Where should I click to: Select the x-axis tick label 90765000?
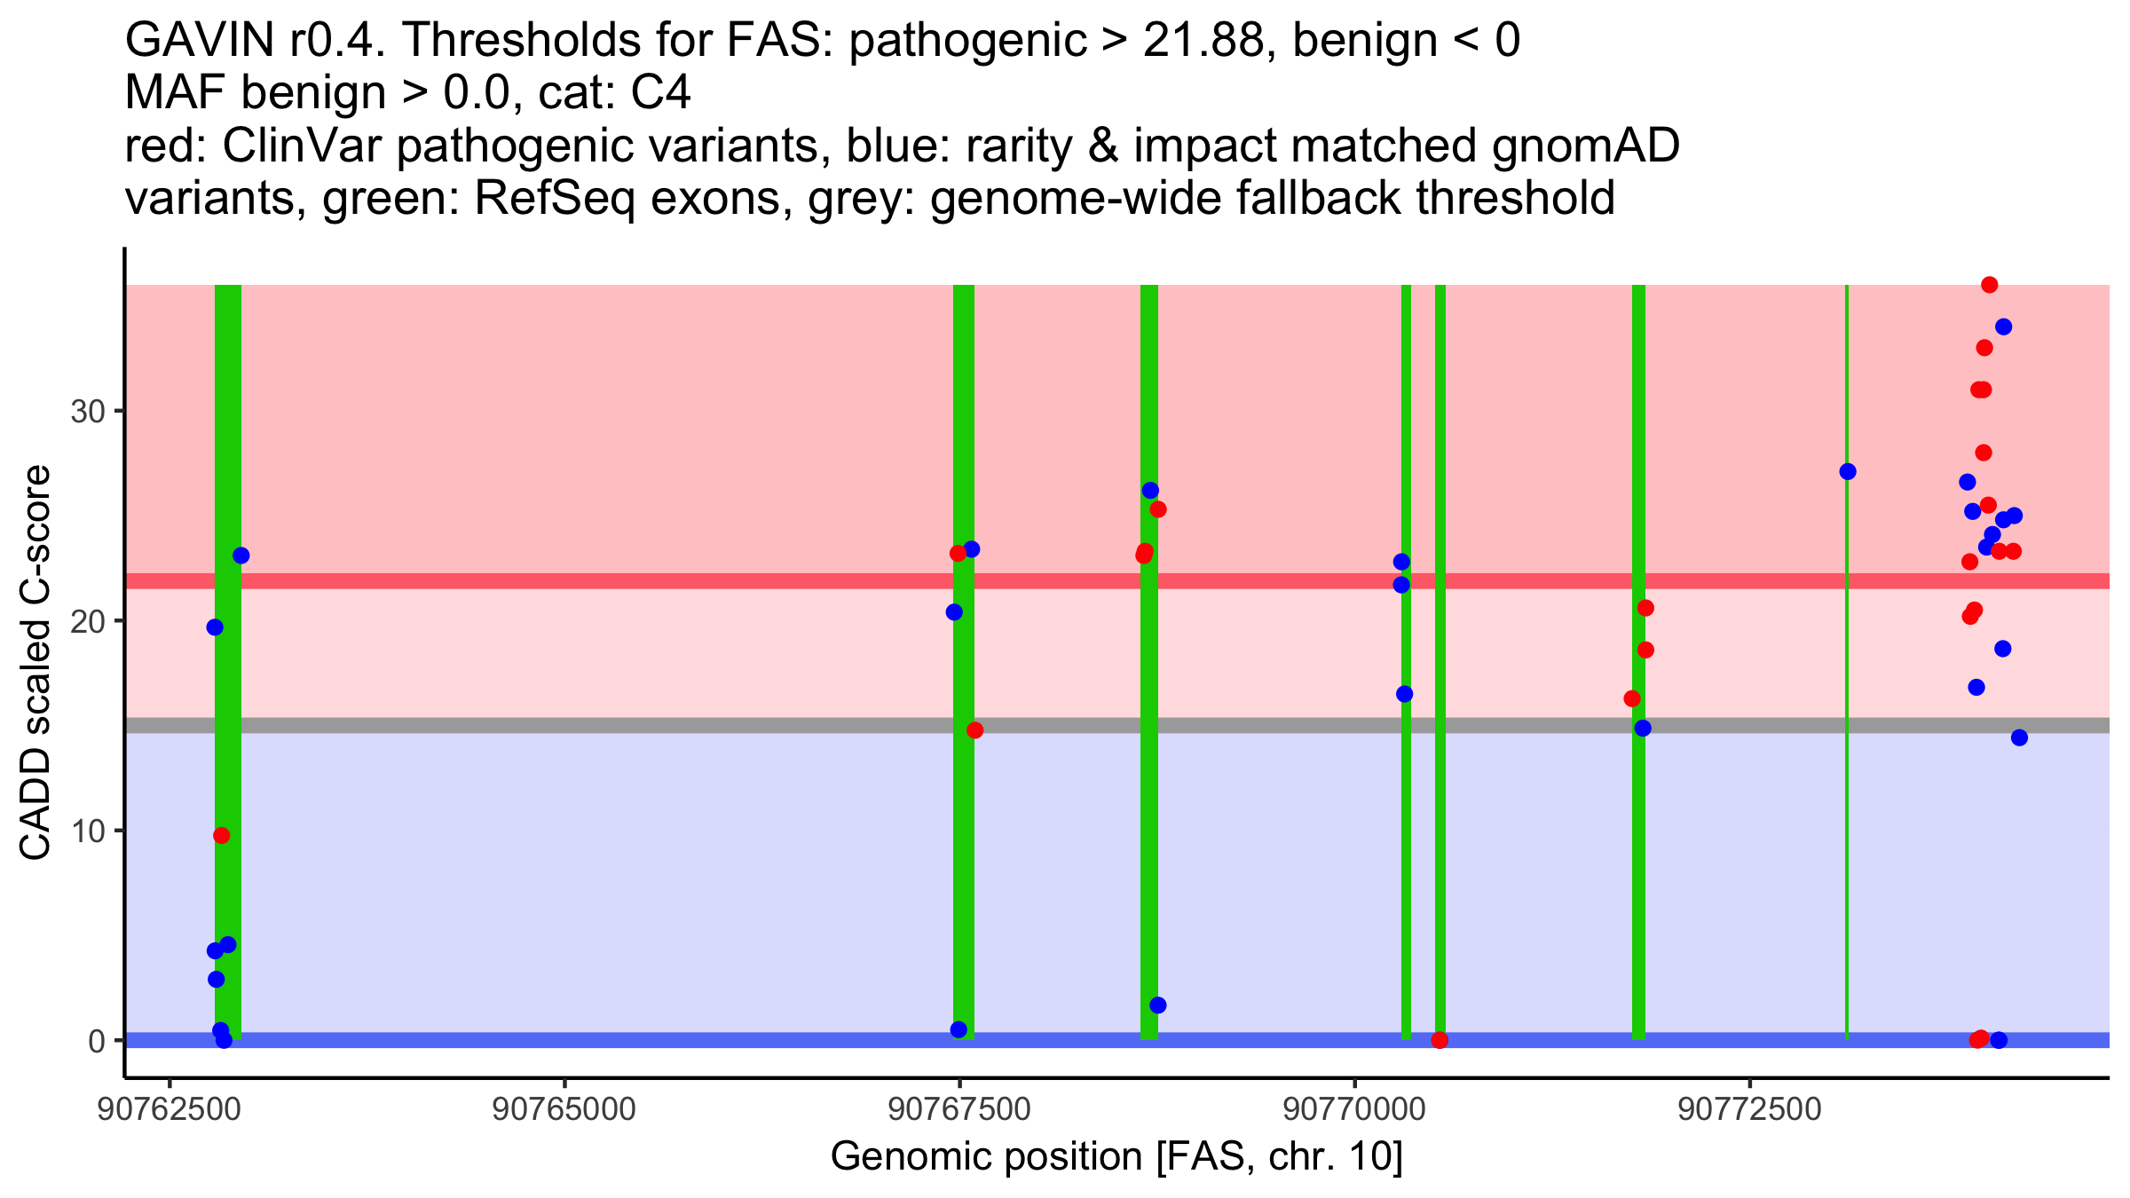tap(564, 1109)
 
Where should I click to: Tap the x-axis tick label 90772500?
tap(1749, 1109)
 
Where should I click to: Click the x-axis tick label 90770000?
tap(1354, 1109)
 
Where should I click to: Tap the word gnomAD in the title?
tap(1585, 146)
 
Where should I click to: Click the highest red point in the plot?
tap(1990, 285)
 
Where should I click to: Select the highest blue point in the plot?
tap(2004, 327)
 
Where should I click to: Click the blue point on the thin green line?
tap(1848, 471)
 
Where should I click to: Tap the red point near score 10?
tap(222, 835)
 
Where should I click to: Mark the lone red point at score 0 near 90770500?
tap(1440, 1040)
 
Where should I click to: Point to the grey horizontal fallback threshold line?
tap(621, 725)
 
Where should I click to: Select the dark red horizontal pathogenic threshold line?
tap(621, 580)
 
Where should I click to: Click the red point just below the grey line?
tap(975, 730)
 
